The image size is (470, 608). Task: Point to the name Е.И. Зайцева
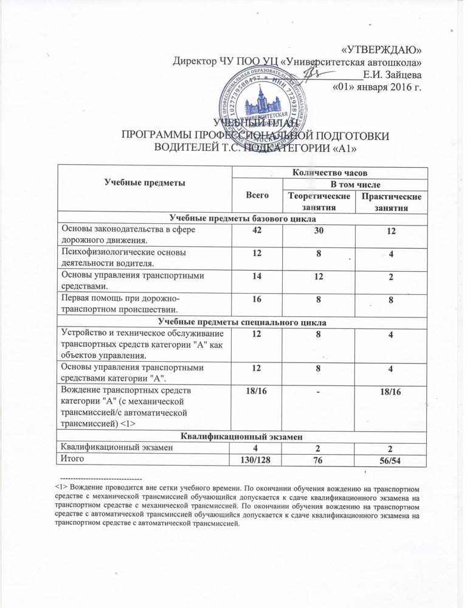click(x=392, y=75)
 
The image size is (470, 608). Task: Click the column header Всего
click(x=255, y=196)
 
